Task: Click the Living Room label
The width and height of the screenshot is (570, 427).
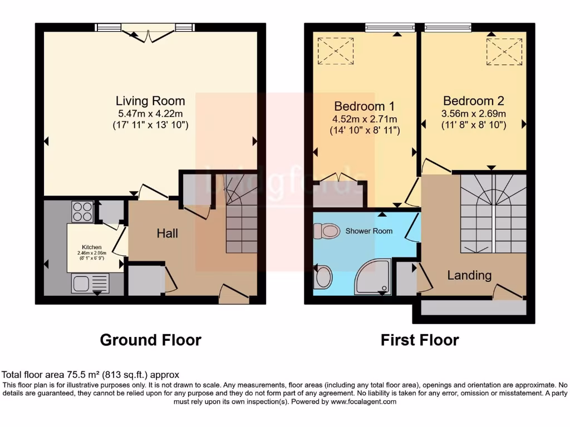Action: click(150, 101)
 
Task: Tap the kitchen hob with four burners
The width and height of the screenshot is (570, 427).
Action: click(82, 212)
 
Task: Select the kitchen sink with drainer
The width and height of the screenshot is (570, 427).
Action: click(89, 284)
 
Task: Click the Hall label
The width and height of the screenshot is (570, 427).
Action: click(167, 234)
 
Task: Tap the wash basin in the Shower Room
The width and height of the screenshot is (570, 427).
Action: click(323, 277)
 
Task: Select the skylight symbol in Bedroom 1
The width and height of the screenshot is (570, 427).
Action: click(335, 51)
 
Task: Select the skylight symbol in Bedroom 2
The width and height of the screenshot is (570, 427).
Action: click(504, 52)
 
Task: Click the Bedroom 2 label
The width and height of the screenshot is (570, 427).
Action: click(473, 101)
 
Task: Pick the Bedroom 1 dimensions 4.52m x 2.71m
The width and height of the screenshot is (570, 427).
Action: click(365, 120)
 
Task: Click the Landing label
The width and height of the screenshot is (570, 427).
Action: click(469, 275)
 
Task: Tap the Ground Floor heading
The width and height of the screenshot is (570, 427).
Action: click(150, 340)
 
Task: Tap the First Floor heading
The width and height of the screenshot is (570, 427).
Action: click(420, 340)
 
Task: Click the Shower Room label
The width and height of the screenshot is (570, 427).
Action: click(368, 231)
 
